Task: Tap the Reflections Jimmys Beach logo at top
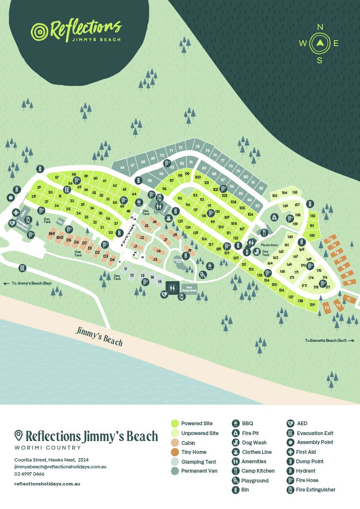tap(76, 31)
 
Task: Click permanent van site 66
tap(122, 167)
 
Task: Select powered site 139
tap(313, 305)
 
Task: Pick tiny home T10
tap(330, 240)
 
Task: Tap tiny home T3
tap(327, 308)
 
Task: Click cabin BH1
tap(52, 234)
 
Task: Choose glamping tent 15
tap(159, 282)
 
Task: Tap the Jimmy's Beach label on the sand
tap(99, 336)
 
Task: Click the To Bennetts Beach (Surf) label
tap(330, 341)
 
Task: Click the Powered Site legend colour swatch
tap(174, 424)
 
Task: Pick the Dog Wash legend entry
tap(254, 443)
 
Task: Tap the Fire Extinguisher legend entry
tap(316, 490)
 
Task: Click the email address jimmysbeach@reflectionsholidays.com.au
tap(60, 467)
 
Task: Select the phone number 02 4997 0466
tap(29, 474)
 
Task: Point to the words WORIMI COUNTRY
tap(47, 448)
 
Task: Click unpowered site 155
tap(274, 196)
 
